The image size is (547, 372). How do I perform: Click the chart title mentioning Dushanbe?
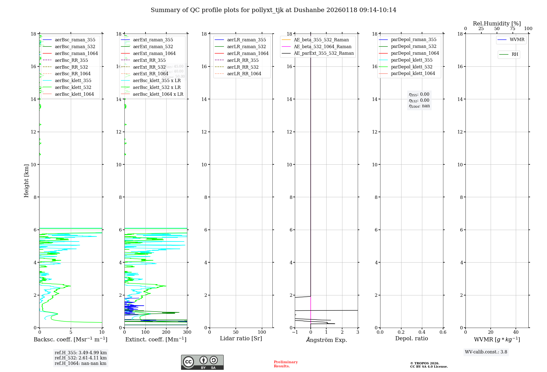[273, 10]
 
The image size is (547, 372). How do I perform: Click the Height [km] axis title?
[26, 181]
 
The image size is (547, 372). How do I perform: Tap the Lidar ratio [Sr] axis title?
[241, 338]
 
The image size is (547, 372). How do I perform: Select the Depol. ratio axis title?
[411, 338]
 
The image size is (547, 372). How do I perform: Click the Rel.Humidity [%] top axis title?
[497, 24]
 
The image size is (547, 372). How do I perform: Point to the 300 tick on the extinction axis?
[187, 332]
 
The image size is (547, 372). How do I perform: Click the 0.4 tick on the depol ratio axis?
[422, 332]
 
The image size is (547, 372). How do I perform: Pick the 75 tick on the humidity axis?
[513, 29]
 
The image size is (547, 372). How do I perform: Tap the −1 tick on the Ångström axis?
[295, 332]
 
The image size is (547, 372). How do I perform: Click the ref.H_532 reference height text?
[80, 358]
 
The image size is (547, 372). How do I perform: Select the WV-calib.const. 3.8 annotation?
[486, 352]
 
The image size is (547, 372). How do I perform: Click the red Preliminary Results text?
[286, 364]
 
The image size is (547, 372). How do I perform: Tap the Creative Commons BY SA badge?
[202, 362]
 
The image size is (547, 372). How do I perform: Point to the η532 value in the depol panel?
[419, 100]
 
